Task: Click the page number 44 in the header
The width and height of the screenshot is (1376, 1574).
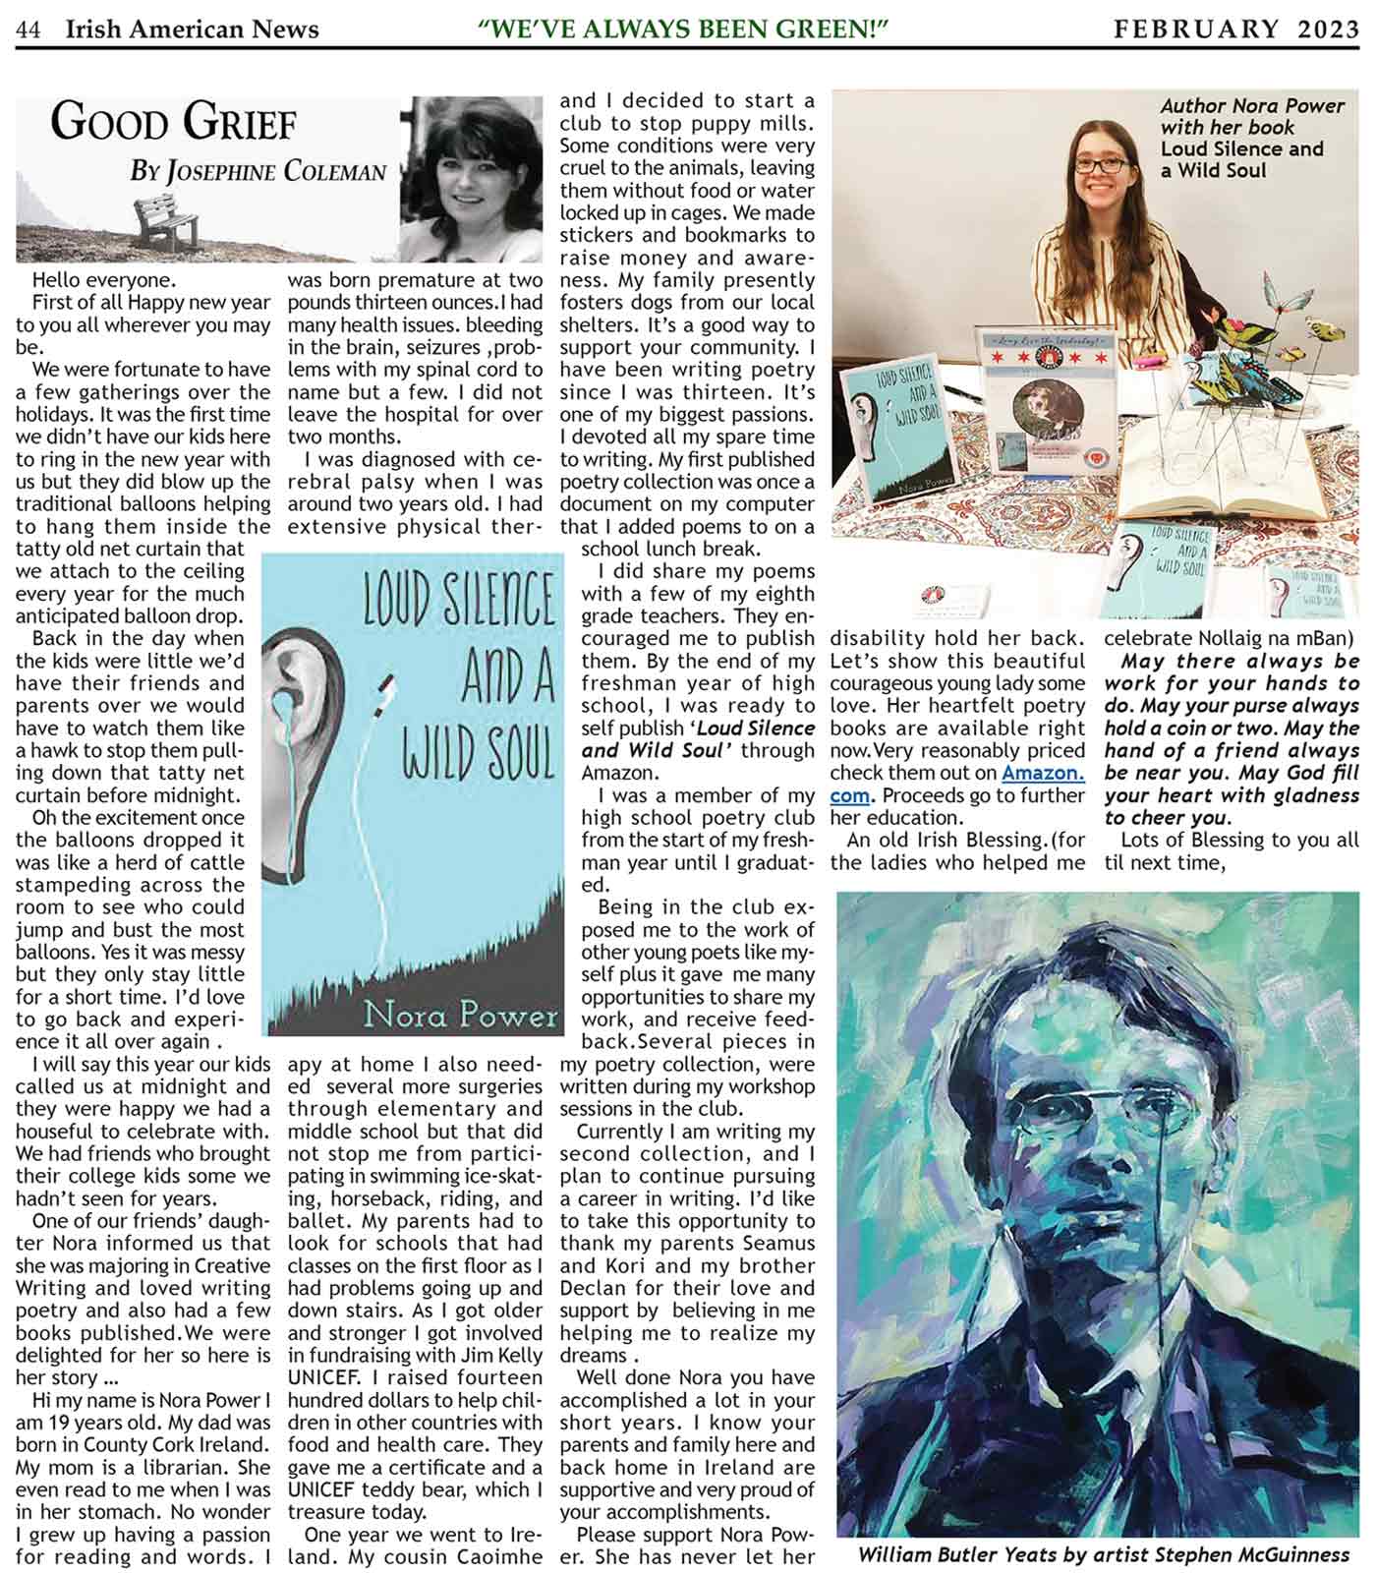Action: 28,30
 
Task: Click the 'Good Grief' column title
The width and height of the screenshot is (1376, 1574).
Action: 173,124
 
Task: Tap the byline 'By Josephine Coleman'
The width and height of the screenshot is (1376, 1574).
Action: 258,172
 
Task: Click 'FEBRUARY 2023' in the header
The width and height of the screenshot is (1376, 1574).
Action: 1236,29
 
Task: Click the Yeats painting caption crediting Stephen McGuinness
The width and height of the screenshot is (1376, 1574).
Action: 1103,1554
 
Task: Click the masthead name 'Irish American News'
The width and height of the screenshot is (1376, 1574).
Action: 192,30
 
